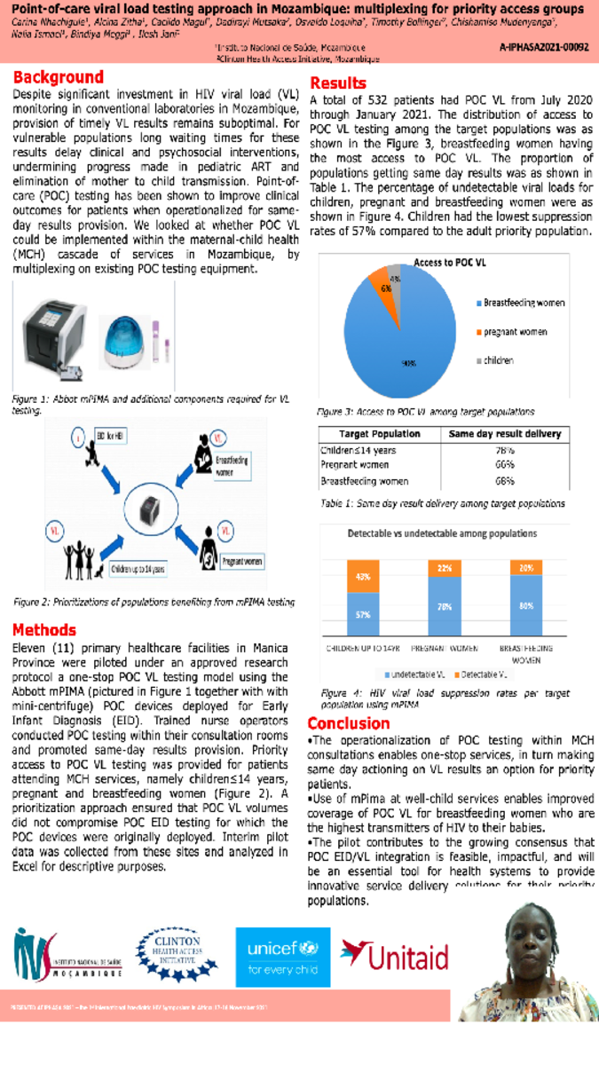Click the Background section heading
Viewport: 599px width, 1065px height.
(x=58, y=78)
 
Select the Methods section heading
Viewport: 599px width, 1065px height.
(x=44, y=630)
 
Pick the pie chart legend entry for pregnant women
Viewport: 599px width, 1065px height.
(x=515, y=331)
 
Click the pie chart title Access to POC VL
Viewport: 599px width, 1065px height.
(x=450, y=263)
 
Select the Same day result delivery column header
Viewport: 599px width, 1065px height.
(x=504, y=434)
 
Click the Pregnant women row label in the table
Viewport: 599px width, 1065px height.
(x=354, y=465)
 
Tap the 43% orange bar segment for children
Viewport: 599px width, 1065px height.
(x=363, y=577)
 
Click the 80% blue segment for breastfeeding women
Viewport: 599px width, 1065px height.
(x=526, y=606)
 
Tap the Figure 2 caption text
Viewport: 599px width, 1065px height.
(x=154, y=602)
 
